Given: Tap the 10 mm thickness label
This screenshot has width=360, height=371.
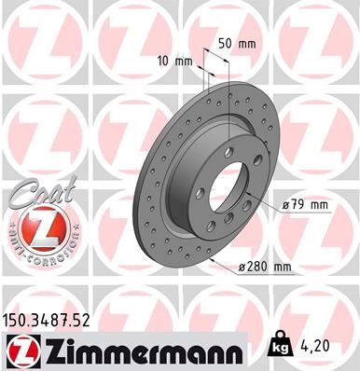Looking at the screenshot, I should point(176,62).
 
